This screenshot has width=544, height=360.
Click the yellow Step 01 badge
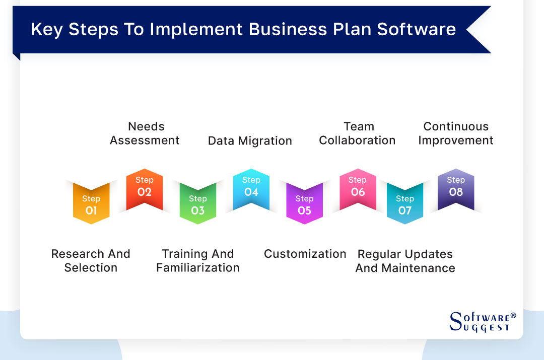91,204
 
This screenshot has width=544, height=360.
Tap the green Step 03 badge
198,204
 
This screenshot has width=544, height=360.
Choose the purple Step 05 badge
305,204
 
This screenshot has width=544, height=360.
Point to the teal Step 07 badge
405,204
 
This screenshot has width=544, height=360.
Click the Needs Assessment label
145,133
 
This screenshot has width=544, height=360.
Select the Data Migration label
250,141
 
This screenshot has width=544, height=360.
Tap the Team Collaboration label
358,133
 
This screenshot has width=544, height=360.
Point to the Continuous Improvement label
456,133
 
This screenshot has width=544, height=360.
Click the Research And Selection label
91,261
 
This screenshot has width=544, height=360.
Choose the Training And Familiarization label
198,261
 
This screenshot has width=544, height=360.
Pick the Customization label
305,254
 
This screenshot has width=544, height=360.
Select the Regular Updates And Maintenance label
405,261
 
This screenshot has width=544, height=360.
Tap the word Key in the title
47,29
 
